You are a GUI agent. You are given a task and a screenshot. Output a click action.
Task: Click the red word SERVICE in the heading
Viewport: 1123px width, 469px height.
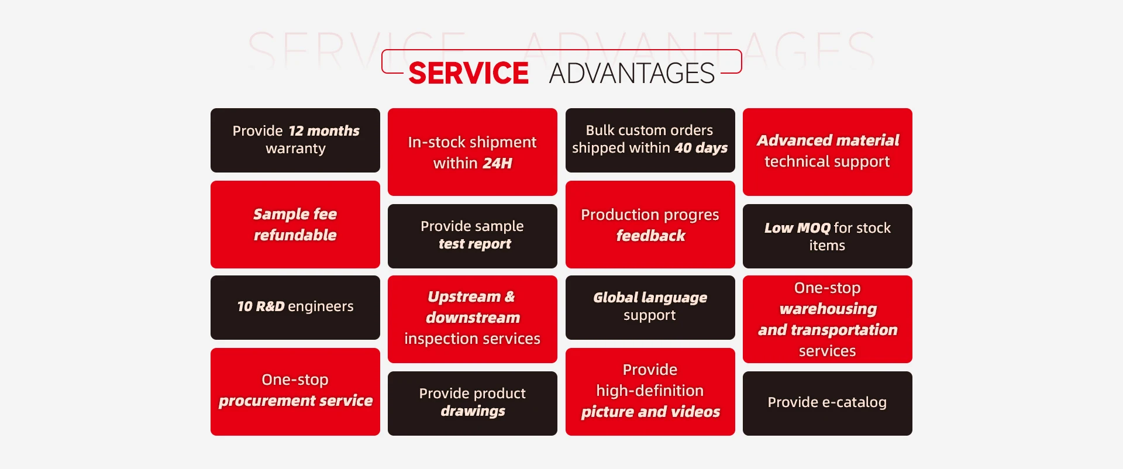pos(469,73)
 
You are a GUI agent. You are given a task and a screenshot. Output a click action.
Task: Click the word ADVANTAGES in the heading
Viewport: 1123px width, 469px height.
pos(632,73)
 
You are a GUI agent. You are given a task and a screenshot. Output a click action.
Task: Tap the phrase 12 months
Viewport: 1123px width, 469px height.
pos(324,130)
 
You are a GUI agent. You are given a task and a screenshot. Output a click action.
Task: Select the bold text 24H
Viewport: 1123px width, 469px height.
pos(497,163)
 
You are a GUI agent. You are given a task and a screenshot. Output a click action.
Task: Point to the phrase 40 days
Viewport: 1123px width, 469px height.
pos(701,148)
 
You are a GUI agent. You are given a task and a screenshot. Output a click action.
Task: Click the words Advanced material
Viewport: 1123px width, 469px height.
pos(828,140)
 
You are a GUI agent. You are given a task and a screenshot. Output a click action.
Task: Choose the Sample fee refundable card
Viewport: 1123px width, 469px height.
pos(295,225)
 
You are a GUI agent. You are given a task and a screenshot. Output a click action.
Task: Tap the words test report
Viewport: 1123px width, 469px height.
pos(475,244)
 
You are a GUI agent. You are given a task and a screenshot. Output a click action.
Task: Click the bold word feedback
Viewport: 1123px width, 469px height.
pos(650,236)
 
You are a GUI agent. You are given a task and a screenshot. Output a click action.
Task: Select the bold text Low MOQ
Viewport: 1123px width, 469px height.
pos(797,228)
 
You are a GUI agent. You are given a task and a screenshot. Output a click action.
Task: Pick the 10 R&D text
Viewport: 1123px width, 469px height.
pos(261,306)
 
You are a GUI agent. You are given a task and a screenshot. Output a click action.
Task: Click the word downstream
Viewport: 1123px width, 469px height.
pos(473,318)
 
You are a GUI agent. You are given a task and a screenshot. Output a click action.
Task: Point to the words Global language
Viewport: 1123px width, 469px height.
pos(650,298)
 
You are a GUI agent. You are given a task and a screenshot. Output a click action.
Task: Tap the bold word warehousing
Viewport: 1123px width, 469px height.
pos(828,309)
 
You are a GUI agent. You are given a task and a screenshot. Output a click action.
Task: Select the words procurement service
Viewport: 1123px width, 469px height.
pos(295,401)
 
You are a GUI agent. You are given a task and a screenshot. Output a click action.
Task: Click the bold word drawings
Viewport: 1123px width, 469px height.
pos(473,411)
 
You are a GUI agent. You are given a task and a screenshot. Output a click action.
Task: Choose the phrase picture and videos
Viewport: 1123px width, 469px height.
pos(650,412)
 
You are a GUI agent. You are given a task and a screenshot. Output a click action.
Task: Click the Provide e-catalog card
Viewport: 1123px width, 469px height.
pos(828,404)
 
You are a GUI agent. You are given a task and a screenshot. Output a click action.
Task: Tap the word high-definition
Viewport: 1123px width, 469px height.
pos(650,391)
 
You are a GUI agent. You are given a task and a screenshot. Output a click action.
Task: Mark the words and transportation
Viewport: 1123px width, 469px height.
pos(828,330)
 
